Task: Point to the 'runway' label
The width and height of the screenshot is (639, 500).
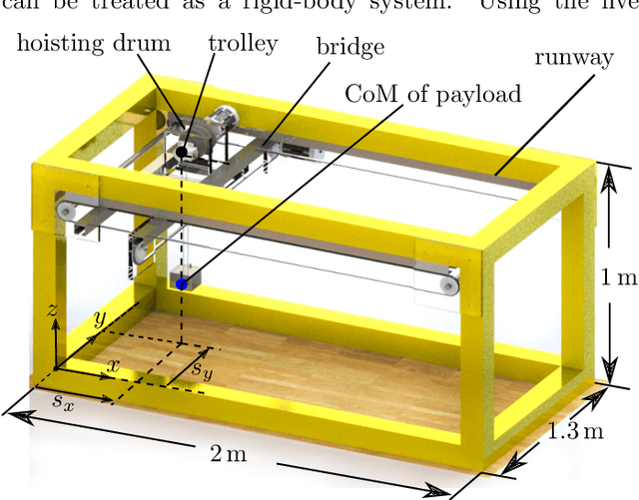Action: [x=573, y=58]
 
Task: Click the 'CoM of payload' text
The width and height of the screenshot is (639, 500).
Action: [x=432, y=95]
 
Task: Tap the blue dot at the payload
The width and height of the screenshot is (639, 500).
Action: [x=182, y=284]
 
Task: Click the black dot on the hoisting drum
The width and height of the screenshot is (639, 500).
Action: [x=182, y=152]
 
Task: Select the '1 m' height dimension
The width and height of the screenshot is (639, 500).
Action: [x=618, y=278]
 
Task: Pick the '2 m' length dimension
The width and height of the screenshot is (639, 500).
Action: [x=230, y=454]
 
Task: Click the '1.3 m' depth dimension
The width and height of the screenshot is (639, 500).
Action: [x=576, y=431]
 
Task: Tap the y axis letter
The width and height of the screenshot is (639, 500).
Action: [x=99, y=320]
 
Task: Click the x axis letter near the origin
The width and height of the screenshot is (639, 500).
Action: [x=112, y=366]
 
